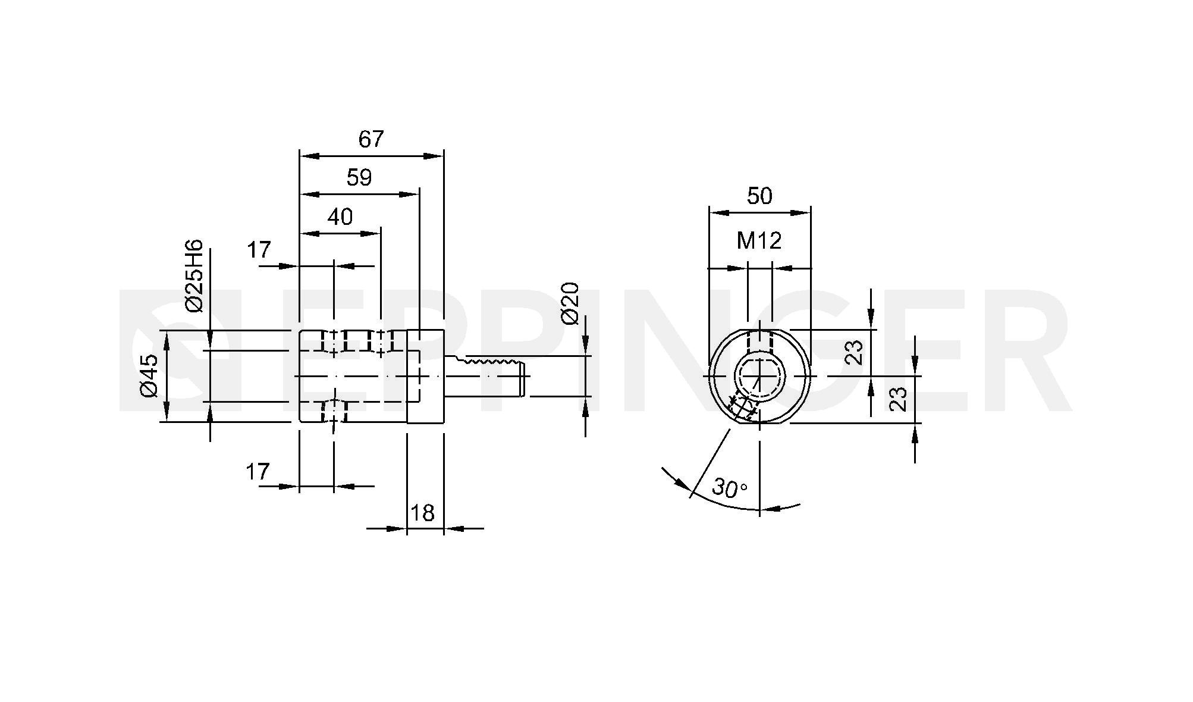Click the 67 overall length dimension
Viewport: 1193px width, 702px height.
(371, 139)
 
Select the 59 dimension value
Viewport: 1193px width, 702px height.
(359, 177)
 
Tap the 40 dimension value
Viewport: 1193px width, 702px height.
(340, 217)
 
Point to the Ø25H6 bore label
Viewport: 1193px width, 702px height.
(194, 275)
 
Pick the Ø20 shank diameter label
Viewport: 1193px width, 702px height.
(570, 303)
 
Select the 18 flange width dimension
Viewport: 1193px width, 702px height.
(422, 513)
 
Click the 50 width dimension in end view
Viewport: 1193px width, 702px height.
(759, 196)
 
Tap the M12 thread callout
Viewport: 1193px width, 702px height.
(759, 240)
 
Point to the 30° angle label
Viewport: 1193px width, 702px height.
(730, 488)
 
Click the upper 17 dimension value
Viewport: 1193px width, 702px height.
(259, 250)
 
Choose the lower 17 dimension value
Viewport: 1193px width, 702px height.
(258, 472)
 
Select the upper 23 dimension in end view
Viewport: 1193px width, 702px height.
(853, 352)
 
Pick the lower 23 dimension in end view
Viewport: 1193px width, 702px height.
(899, 399)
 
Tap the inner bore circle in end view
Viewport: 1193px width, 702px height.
(760, 377)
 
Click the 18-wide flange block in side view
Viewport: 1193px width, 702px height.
(425, 376)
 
